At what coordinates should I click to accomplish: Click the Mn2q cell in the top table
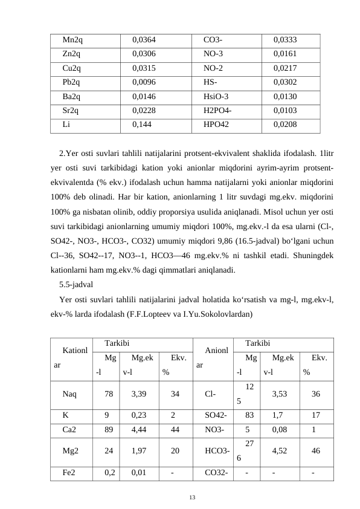[72, 40]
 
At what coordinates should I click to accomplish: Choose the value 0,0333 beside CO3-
[285, 40]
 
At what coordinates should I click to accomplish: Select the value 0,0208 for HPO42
[285, 124]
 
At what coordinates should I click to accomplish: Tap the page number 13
[192, 497]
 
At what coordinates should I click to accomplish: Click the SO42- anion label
[216, 415]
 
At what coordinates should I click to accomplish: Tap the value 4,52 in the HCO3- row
[280, 450]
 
